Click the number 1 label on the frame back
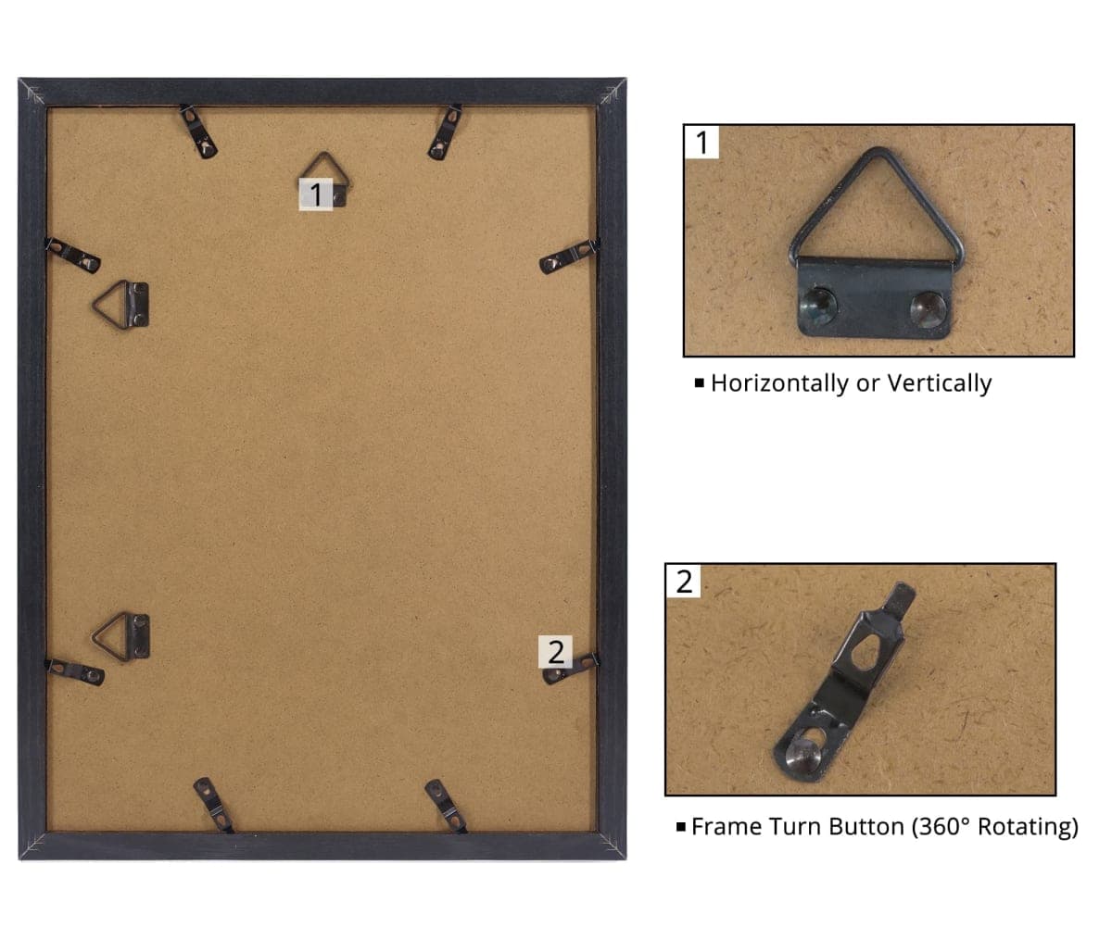(316, 194)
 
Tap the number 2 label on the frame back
(555, 652)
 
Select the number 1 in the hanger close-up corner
(701, 143)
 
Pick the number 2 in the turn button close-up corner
(684, 582)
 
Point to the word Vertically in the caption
(940, 383)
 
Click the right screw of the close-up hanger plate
(928, 309)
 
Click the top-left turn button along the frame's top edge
(198, 132)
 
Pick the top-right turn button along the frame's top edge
(445, 132)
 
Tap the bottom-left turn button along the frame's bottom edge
(213, 805)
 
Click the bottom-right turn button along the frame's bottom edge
(446, 806)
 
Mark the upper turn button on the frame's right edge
(569, 257)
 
